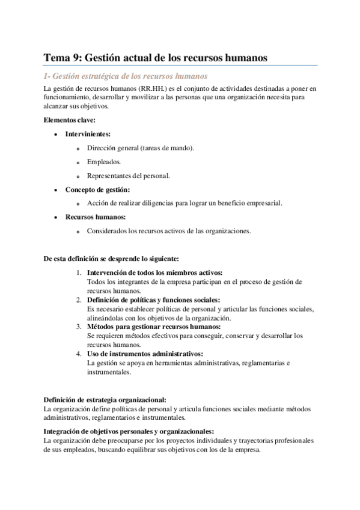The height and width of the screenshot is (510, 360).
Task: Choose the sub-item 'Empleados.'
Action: point(103,162)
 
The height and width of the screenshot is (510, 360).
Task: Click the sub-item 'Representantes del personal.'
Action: point(128,176)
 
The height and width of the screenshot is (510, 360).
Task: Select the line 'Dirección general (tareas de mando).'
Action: point(140,148)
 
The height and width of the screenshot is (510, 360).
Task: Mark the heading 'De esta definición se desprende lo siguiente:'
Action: point(111,259)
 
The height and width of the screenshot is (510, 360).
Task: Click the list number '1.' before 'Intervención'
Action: point(79,273)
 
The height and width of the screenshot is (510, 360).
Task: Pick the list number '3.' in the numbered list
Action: point(79,327)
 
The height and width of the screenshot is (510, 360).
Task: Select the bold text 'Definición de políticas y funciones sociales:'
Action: point(153,300)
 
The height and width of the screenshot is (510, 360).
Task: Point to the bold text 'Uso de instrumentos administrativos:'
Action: point(145,354)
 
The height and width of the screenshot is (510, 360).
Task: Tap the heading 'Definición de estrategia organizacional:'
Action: point(105,400)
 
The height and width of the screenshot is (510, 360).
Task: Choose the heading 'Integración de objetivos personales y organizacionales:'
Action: point(129,431)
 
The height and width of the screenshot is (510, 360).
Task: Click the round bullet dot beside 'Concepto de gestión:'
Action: point(55,190)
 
